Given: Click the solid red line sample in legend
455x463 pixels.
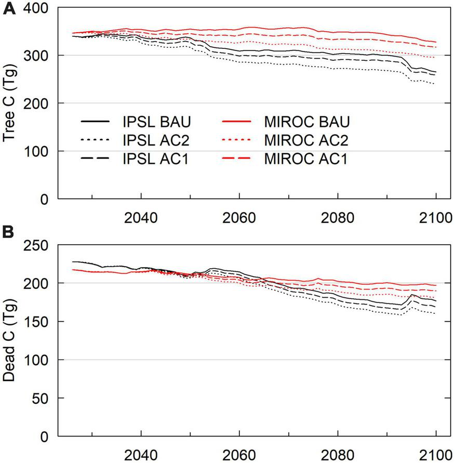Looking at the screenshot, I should [x=247, y=122].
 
